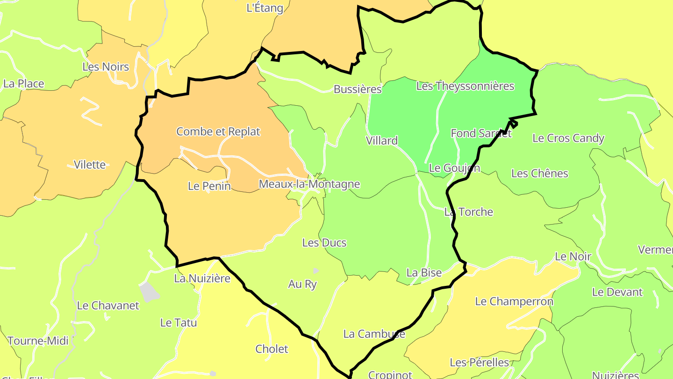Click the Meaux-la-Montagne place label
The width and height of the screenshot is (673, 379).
(309, 184)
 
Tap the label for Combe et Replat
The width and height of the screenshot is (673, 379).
(218, 131)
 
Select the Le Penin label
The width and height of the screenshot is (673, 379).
(209, 186)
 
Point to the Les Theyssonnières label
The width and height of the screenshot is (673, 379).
(465, 86)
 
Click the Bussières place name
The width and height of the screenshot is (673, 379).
(358, 89)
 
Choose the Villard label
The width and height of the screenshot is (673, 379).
(382, 141)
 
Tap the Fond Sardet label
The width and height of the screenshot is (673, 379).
(481, 133)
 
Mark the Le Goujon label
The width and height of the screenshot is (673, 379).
(454, 168)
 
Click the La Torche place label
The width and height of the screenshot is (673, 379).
(468, 212)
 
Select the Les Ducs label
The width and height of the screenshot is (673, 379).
(324, 243)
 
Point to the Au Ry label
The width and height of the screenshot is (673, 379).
(302, 284)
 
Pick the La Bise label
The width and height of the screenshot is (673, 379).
(424, 273)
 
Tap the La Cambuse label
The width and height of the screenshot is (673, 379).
(374, 334)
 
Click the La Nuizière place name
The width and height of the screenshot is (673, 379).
(202, 278)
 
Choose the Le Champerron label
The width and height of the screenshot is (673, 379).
(514, 301)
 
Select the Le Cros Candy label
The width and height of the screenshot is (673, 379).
(568, 138)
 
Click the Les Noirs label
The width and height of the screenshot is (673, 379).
(106, 67)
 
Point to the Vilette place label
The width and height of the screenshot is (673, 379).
(90, 165)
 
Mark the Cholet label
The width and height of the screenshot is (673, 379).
(272, 349)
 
